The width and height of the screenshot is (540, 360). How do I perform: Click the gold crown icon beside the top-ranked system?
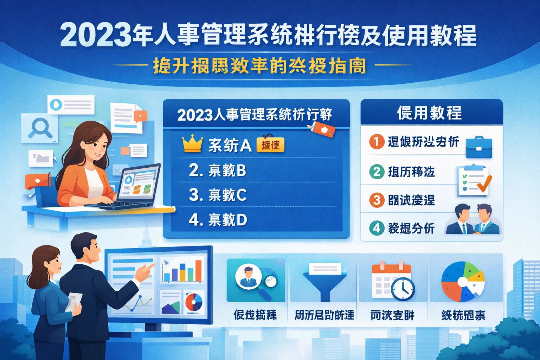pos(192,144)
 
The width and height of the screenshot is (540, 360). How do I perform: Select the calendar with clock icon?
pos(393,281)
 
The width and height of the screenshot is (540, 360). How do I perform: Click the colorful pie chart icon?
pos(463,282)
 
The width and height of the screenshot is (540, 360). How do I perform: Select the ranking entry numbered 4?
pos(218,220)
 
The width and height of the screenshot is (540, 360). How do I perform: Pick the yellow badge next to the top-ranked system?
pos(270,145)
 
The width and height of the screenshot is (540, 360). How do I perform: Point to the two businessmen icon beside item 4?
pos(473,219)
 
